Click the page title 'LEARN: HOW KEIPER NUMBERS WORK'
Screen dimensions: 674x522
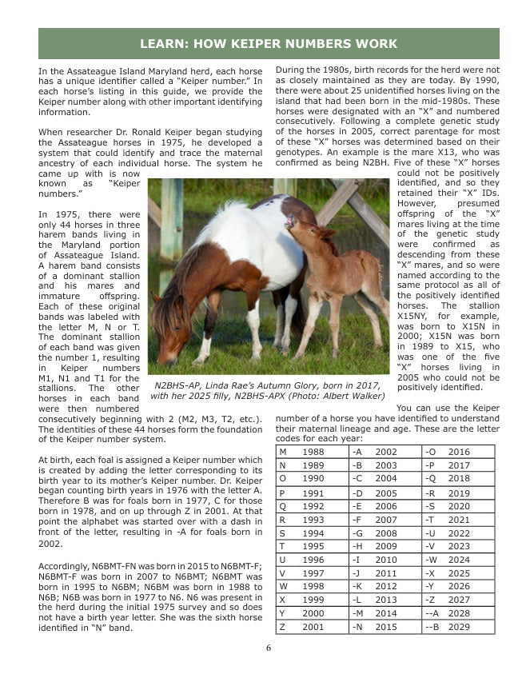point(269,43)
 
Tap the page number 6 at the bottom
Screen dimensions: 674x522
point(269,648)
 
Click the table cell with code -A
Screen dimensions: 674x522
point(357,453)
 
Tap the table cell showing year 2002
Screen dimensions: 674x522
point(385,453)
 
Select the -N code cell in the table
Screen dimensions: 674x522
point(357,628)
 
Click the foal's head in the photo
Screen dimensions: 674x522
point(300,226)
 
